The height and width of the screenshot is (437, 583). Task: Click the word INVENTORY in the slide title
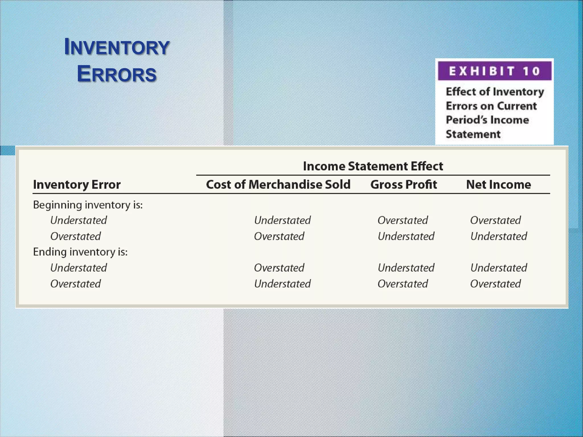coord(117,47)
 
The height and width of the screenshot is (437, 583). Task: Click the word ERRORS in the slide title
coord(117,74)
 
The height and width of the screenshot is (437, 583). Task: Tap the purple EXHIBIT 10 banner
coord(494,71)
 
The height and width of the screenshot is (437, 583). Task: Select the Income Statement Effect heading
coord(373,166)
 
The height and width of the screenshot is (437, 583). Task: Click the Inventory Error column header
coord(77,185)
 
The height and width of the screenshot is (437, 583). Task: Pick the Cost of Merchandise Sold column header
coord(278,185)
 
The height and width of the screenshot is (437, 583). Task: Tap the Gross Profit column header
coord(403,185)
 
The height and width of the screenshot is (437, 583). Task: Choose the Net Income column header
coord(498,185)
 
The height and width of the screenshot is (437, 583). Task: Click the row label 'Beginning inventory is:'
coord(88,205)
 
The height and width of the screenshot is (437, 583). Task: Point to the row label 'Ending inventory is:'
coord(80,252)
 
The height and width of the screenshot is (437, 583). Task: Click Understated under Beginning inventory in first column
coord(79,220)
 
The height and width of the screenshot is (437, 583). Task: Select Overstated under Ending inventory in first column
coord(75,284)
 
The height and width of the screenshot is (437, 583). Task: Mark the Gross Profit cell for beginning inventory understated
coord(403,220)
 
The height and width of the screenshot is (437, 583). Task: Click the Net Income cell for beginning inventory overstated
coord(498,236)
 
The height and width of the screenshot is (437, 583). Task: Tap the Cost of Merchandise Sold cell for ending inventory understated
coord(279,268)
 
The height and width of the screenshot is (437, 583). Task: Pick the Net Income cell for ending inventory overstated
coord(495,284)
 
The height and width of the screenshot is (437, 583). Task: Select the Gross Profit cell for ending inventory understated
coord(406,268)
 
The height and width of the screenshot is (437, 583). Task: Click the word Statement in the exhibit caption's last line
coord(473,134)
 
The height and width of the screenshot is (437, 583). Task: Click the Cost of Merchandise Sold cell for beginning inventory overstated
coord(279,236)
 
